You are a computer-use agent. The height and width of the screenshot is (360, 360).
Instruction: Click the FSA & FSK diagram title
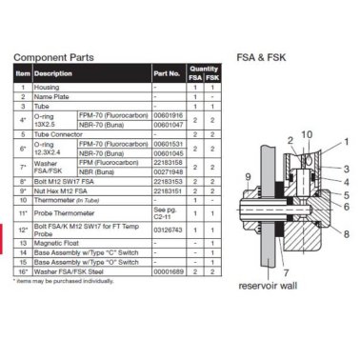coord(262,56)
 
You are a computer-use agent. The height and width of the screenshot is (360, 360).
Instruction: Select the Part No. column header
coord(166,72)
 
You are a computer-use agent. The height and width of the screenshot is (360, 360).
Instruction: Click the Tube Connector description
coord(62,133)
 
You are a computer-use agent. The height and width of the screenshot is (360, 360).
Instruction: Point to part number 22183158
coord(167,162)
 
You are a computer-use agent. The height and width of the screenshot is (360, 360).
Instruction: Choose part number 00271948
coord(167,170)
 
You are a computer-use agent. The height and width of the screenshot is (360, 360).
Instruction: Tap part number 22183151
coord(167,191)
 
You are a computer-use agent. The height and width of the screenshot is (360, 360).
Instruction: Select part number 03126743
coord(167,230)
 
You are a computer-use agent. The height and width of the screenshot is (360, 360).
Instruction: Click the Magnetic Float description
coord(59,243)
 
